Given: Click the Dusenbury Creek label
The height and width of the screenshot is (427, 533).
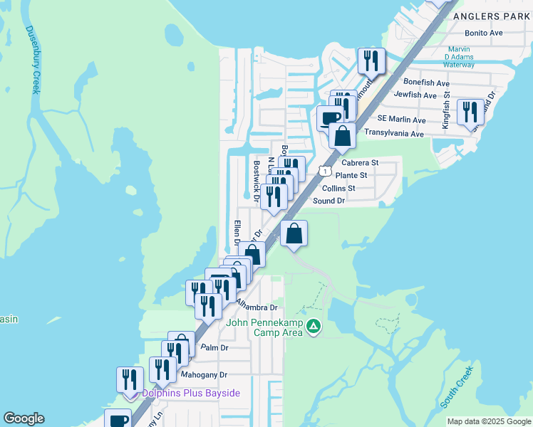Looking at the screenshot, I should point(33,60).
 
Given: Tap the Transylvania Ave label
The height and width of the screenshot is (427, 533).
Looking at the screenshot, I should point(394,133).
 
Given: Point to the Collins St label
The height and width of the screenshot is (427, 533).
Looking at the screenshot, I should point(338,188).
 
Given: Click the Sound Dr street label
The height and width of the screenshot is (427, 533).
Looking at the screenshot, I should point(329,201).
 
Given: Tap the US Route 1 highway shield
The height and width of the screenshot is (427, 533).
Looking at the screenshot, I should point(325,172).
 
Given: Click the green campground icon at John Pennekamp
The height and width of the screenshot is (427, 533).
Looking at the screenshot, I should point(314,327).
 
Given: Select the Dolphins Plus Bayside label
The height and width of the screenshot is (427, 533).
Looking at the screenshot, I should point(191,393).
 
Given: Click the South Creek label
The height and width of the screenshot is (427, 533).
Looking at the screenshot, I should point(457,388).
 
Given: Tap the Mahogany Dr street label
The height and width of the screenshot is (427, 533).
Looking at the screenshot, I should point(203,374).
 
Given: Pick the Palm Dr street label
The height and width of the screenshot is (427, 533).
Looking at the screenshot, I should point(214,348).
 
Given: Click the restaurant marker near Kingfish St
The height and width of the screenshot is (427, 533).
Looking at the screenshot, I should point(470,112).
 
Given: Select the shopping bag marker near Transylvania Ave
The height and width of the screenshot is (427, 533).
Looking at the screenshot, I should point(342,135).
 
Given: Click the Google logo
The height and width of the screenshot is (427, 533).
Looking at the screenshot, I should point(24,418).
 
